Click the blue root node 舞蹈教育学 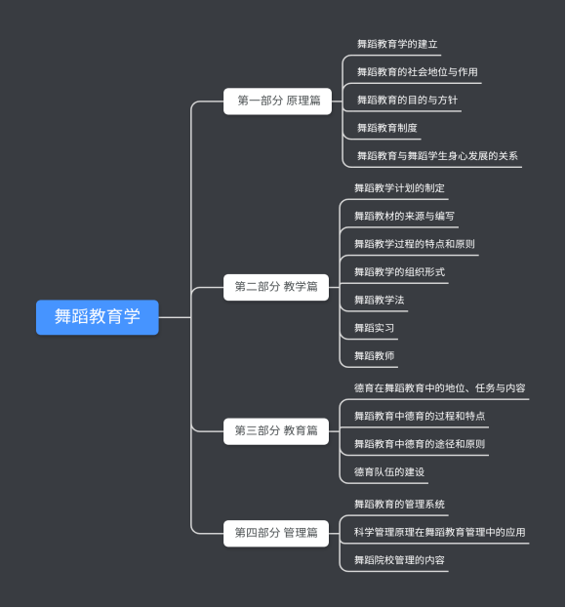[98, 317]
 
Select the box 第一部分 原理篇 [277, 101]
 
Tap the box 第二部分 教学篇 [276, 287]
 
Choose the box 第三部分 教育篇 [276, 431]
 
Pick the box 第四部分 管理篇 [276, 533]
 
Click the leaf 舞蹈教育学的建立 [397, 44]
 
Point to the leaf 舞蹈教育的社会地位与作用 [418, 72]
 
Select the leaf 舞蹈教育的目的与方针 [408, 101]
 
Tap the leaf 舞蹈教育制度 [386, 128]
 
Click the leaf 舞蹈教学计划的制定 [399, 188]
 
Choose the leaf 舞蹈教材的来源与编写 [404, 217]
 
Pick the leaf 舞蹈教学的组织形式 [399, 272]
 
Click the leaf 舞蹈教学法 [380, 301]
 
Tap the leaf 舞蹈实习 [374, 328]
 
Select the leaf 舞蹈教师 [374, 356]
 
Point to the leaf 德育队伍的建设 [389, 472]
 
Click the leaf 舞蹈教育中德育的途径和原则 [420, 444]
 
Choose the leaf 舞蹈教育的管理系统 [399, 505]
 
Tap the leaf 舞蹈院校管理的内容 [399, 560]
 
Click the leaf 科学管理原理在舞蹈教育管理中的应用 [439, 533]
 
